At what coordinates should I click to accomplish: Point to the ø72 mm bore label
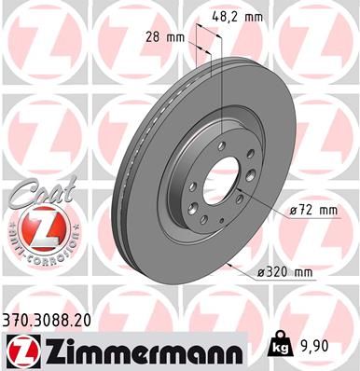(312, 211)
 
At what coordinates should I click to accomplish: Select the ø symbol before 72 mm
(293, 211)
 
